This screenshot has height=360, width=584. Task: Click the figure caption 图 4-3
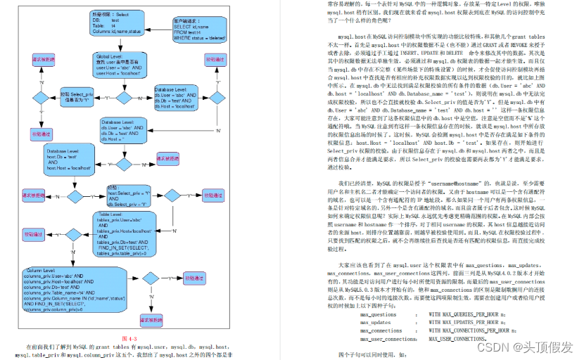coord(129,339)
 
